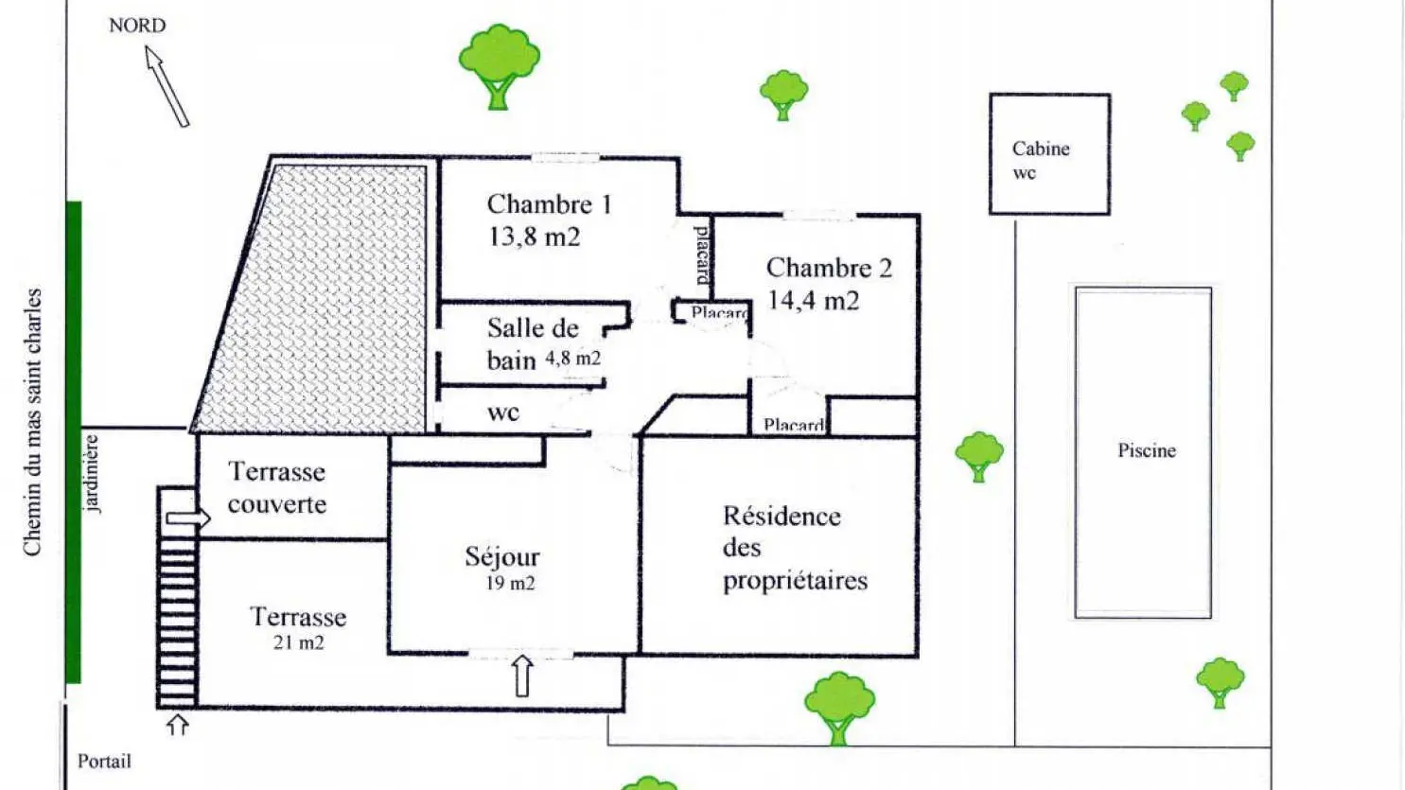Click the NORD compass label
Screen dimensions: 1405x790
point(137,26)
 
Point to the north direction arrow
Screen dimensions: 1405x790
point(167,86)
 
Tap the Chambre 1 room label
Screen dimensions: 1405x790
point(549,204)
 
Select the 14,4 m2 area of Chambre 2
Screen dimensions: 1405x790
point(813,300)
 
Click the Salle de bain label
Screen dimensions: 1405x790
point(534,344)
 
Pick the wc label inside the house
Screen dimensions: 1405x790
point(503,413)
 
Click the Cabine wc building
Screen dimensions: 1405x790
point(1049,154)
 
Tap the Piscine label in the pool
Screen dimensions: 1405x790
point(1147,450)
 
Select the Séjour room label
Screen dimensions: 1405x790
point(502,556)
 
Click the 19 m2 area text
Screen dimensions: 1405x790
point(510,583)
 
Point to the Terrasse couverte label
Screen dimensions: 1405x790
point(276,488)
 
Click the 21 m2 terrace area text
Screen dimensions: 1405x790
point(299,642)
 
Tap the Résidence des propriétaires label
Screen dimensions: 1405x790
point(796,548)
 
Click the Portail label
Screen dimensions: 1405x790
point(104,762)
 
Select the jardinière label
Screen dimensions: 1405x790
point(92,473)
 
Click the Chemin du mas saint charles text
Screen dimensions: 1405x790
point(32,422)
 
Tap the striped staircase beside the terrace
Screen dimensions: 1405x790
point(178,598)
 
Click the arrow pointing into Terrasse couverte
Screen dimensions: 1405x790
point(188,518)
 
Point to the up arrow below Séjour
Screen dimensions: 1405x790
point(522,676)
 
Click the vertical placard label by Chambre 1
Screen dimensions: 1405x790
point(703,255)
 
